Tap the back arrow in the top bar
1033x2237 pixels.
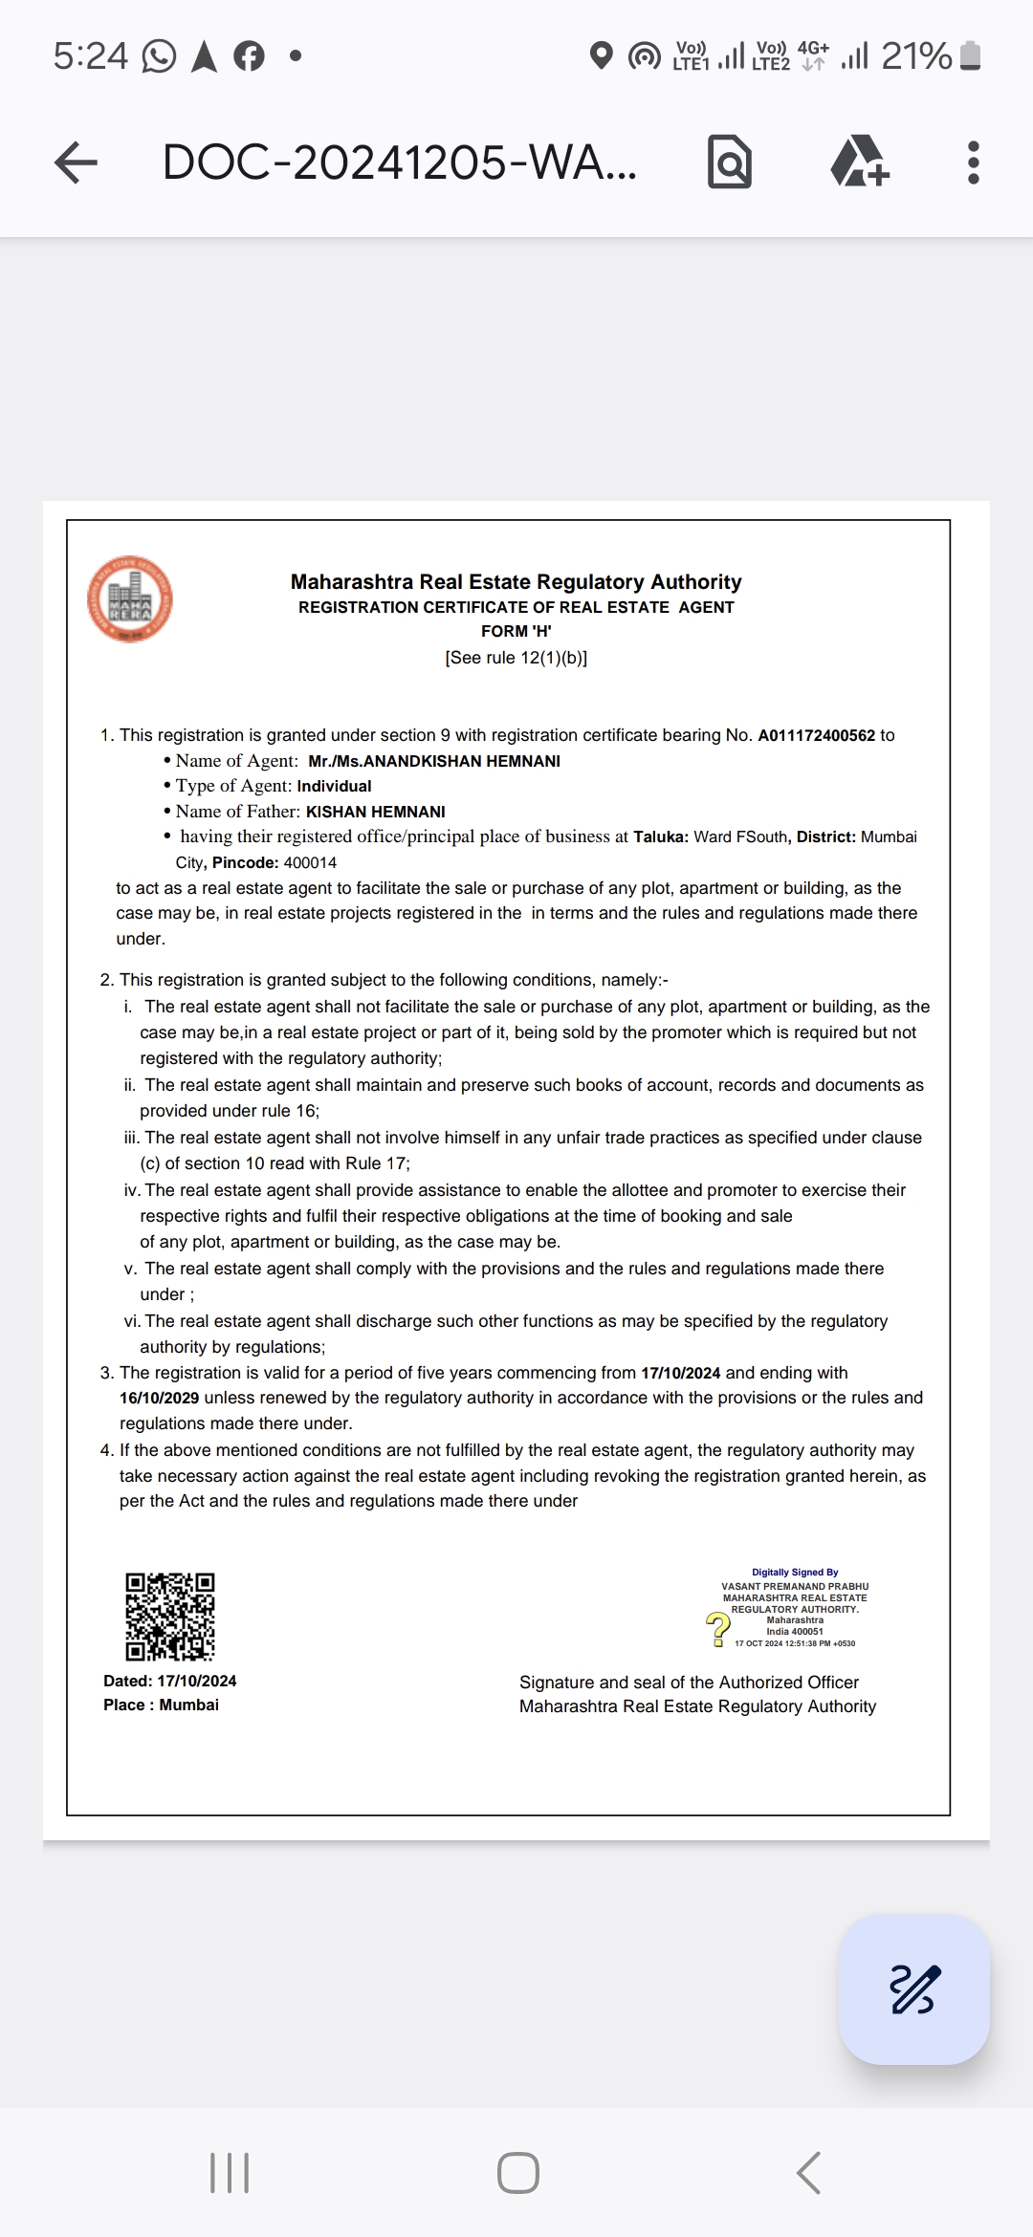77,163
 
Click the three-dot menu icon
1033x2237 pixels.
973,163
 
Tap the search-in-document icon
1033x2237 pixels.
730,163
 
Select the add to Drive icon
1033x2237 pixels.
859,163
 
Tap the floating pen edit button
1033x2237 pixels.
913,1989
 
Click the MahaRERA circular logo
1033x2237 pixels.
130,599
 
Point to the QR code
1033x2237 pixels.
170,1617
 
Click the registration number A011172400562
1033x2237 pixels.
816,735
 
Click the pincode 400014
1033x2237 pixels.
310,862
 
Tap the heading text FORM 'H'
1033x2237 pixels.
516,631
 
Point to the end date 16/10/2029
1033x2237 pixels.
159,1398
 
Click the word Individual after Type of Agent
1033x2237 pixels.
334,786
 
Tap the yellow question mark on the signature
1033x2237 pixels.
717,1627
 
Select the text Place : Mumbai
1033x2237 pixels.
161,1705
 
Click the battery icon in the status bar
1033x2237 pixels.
970,55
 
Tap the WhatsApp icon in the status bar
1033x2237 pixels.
159,55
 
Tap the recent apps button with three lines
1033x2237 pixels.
230,2173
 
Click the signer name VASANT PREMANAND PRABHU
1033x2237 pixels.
795,1586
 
